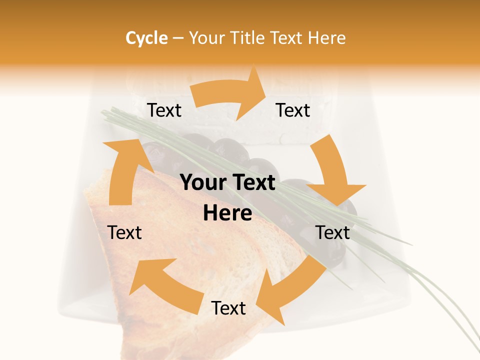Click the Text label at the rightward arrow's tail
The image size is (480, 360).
164,110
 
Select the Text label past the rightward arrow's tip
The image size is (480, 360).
293,110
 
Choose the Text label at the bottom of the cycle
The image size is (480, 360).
228,308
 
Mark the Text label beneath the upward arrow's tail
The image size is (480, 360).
124,232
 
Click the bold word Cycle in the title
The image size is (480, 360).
146,38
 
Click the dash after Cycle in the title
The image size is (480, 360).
178,38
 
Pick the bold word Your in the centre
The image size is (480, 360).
201,183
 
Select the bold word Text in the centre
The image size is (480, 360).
252,183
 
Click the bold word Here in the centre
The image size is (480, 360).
227,213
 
